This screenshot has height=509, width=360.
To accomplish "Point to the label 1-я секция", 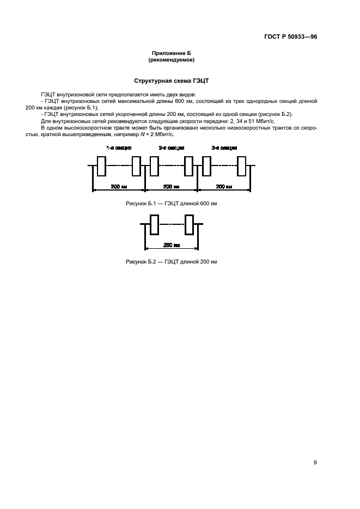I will click(119, 148).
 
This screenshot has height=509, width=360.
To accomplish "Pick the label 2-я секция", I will click(172, 148).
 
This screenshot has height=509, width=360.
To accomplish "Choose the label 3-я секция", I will click(224, 148).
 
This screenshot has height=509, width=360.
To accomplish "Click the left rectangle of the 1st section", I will click(101, 166).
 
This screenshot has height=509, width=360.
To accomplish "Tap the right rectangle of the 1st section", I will click(136, 166).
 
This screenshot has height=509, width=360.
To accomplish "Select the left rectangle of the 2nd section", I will click(154, 166).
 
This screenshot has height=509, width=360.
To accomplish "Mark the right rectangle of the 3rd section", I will click(241, 166).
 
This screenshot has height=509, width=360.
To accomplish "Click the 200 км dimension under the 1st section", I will click(119, 187).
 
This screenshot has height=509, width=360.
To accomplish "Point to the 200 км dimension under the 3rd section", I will click(224, 187).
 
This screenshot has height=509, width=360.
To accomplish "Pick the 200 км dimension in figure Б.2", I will click(172, 245).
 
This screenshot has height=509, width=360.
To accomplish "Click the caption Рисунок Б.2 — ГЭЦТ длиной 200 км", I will click(172, 262).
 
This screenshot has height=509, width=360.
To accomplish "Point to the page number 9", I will click(315, 462).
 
